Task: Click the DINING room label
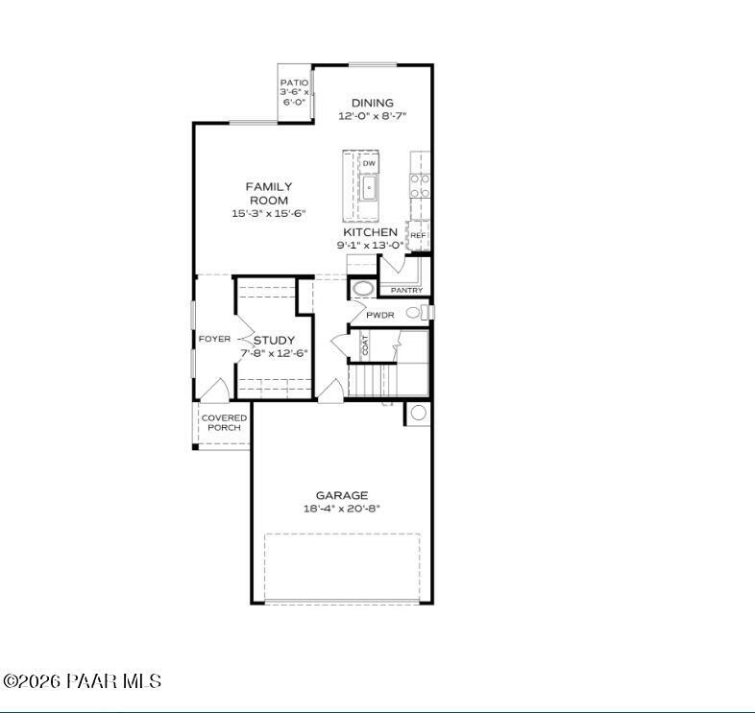click(x=372, y=104)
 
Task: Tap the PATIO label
click(x=294, y=83)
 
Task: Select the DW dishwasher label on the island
click(x=369, y=164)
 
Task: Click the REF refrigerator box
click(x=418, y=235)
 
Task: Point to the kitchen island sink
click(x=369, y=189)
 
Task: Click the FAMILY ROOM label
click(x=269, y=193)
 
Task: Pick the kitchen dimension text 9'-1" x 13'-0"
click(x=371, y=246)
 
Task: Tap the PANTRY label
click(x=406, y=290)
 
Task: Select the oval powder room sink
click(x=364, y=288)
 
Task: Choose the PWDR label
click(x=380, y=315)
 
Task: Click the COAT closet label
click(x=366, y=345)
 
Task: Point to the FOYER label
click(x=214, y=339)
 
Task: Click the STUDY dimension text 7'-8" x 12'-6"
click(x=274, y=353)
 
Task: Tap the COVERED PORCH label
click(x=224, y=422)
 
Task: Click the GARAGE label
click(x=342, y=495)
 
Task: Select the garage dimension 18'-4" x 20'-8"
click(x=342, y=509)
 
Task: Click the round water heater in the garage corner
click(x=418, y=413)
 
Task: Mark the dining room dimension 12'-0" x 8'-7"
click(x=372, y=116)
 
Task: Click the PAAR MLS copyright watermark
click(x=82, y=681)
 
